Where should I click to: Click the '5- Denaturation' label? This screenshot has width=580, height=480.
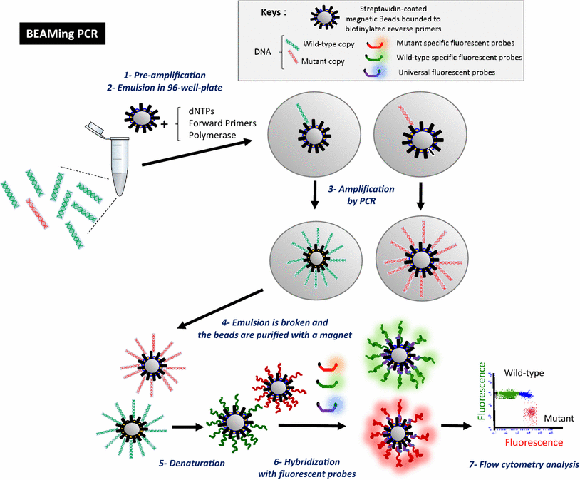191,464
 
